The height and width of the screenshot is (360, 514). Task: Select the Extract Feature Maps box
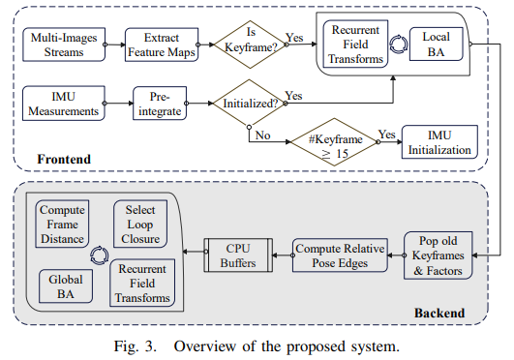pos(160,44)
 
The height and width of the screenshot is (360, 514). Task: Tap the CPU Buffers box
pos(233,256)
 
